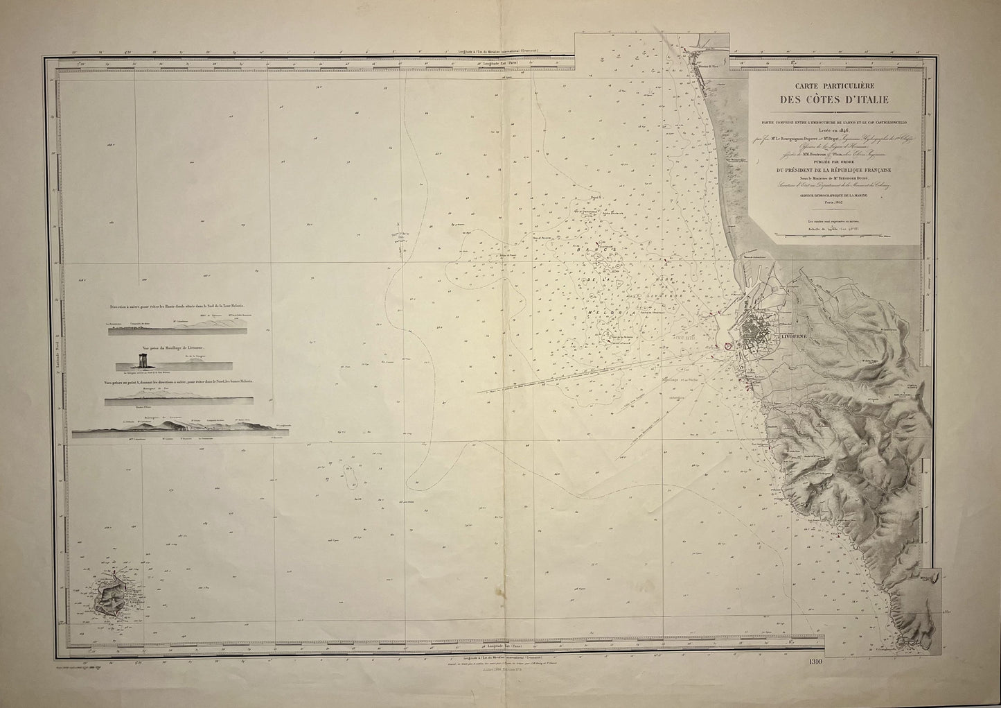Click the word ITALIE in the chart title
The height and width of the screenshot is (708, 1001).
[860, 101]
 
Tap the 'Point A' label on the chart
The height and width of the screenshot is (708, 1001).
[593, 198]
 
